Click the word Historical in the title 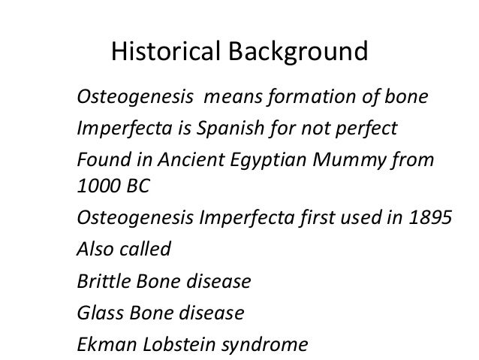click(x=164, y=53)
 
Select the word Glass click(x=97, y=313)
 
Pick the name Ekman click(x=101, y=345)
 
